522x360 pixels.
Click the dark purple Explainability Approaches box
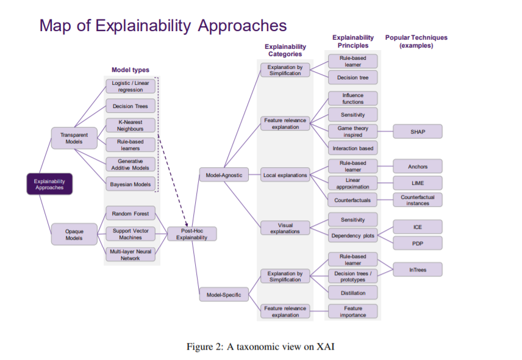coord(49,184)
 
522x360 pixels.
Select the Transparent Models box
coord(74,139)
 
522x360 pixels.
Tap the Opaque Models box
coord(74,234)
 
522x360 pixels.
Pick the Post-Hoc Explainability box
coord(191,234)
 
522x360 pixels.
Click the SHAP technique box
coord(418,131)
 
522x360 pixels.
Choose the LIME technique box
coord(418,182)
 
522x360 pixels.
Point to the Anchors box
coord(418,166)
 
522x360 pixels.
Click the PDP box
coord(418,243)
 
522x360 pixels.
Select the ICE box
coord(418,227)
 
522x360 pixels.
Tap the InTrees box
coord(418,269)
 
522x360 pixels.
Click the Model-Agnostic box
coord(223,176)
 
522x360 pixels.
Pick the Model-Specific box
coord(223,295)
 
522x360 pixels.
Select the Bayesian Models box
coord(130,184)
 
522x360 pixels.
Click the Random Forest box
coord(130,214)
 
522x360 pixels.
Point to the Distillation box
coord(353,293)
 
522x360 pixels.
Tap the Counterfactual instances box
coord(418,200)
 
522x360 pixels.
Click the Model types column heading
coord(130,70)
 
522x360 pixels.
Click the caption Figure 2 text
coord(260,347)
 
